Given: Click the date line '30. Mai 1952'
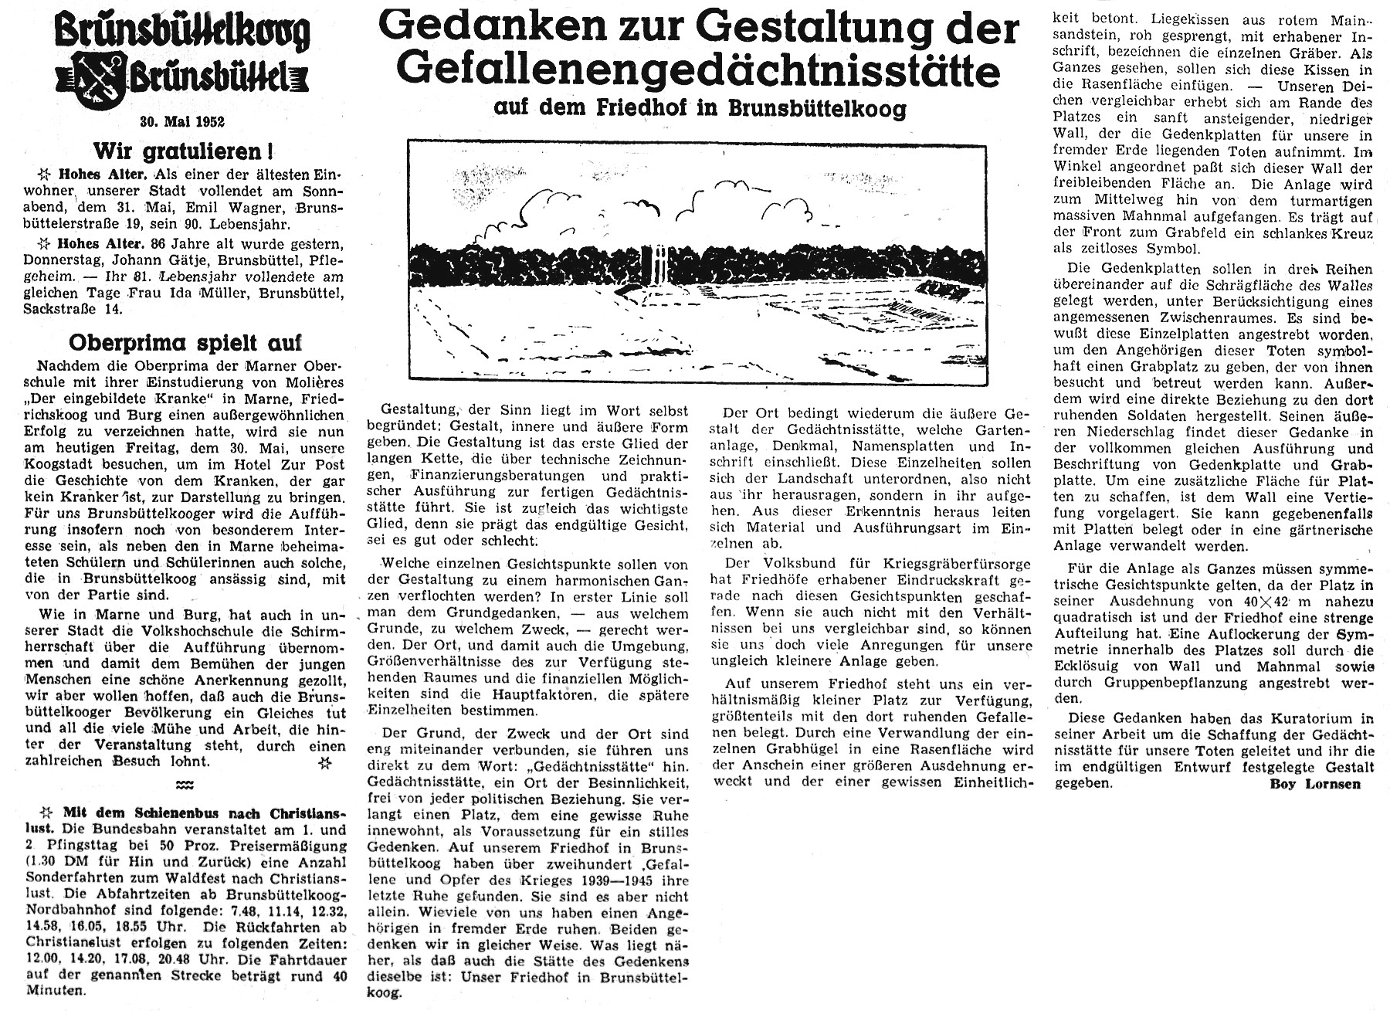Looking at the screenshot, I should pyautogui.click(x=182, y=120).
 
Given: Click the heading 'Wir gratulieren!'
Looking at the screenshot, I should pyautogui.click(x=182, y=150).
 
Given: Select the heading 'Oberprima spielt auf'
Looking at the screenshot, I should pyautogui.click(x=185, y=342).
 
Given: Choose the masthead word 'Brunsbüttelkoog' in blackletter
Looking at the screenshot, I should pyautogui.click(x=182, y=31).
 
